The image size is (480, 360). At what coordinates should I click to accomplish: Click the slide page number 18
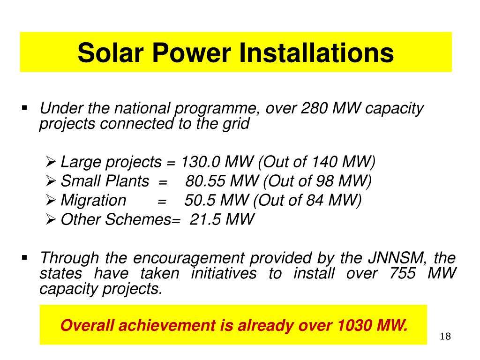pyautogui.click(x=446, y=337)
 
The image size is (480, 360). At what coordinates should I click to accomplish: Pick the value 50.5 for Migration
pyautogui.click(x=200, y=200)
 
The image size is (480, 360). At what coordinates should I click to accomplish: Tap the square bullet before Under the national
pyautogui.click(x=25, y=108)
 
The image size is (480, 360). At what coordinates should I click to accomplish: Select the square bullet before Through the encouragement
pyautogui.click(x=25, y=257)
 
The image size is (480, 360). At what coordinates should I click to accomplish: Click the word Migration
pyautogui.click(x=93, y=200)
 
